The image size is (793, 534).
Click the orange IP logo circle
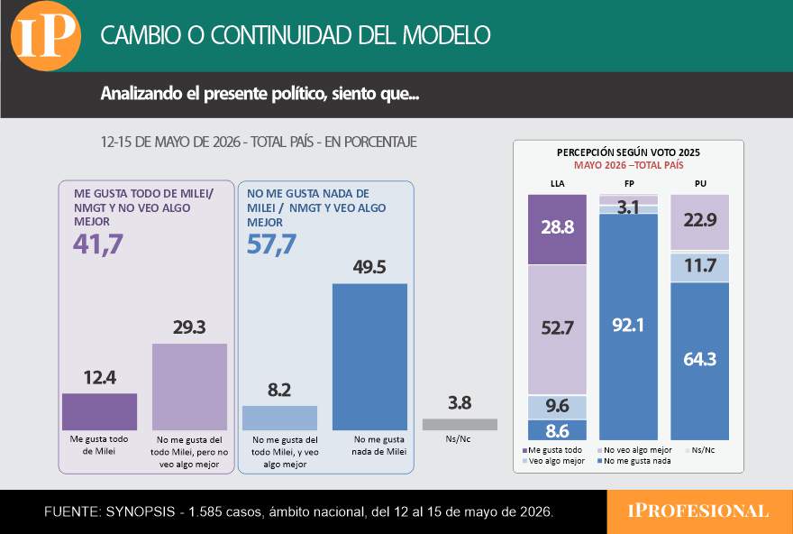(x=46, y=35)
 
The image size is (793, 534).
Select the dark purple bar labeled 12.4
(x=100, y=411)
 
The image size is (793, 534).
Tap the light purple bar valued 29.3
(x=189, y=387)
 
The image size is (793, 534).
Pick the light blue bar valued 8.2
(x=279, y=418)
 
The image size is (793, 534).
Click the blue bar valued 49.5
(x=369, y=357)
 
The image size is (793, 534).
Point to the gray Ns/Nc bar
(x=460, y=424)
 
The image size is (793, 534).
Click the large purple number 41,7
(x=98, y=244)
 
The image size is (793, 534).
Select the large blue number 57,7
(x=271, y=244)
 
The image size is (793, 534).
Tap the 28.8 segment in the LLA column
(x=557, y=229)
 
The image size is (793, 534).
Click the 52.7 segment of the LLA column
(x=557, y=329)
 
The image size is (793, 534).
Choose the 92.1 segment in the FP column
(x=629, y=327)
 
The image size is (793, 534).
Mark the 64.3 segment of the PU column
(x=700, y=361)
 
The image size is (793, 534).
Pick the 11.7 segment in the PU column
(x=700, y=267)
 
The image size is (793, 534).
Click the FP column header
(x=629, y=184)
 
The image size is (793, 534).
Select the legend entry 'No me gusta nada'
(x=634, y=461)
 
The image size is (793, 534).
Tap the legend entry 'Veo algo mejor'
(x=553, y=461)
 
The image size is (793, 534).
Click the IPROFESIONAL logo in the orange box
(x=698, y=511)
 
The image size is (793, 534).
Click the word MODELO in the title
(x=446, y=35)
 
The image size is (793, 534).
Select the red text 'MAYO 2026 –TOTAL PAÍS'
(x=629, y=165)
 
